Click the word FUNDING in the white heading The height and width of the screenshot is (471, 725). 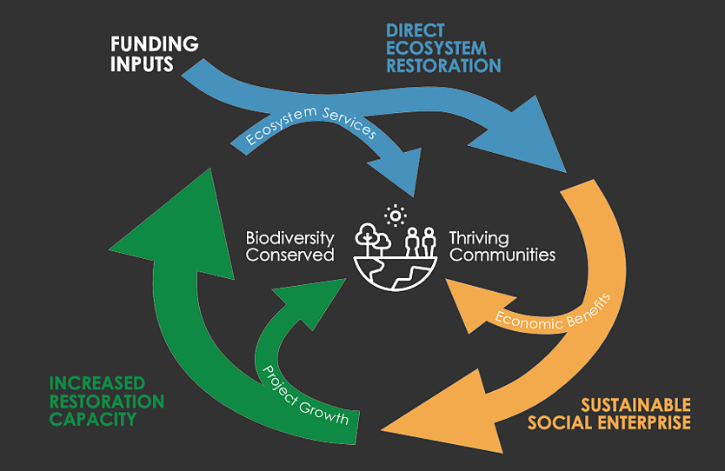[x=155, y=44]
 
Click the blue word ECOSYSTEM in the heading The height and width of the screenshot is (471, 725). [x=436, y=48]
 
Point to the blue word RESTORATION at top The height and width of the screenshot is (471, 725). [x=443, y=66]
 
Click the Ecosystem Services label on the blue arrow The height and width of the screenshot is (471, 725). [x=311, y=133]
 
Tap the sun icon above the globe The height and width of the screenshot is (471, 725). [x=396, y=214]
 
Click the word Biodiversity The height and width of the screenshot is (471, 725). [x=289, y=238]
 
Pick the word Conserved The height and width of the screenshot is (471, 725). [x=289, y=255]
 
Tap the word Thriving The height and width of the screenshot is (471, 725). [x=479, y=238]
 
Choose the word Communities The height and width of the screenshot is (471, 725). [x=502, y=255]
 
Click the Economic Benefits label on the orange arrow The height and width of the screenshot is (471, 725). [x=553, y=311]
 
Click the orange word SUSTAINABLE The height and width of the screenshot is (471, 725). [x=635, y=405]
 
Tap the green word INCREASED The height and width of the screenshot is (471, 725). [x=97, y=383]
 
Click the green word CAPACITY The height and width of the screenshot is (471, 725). [x=92, y=420]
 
